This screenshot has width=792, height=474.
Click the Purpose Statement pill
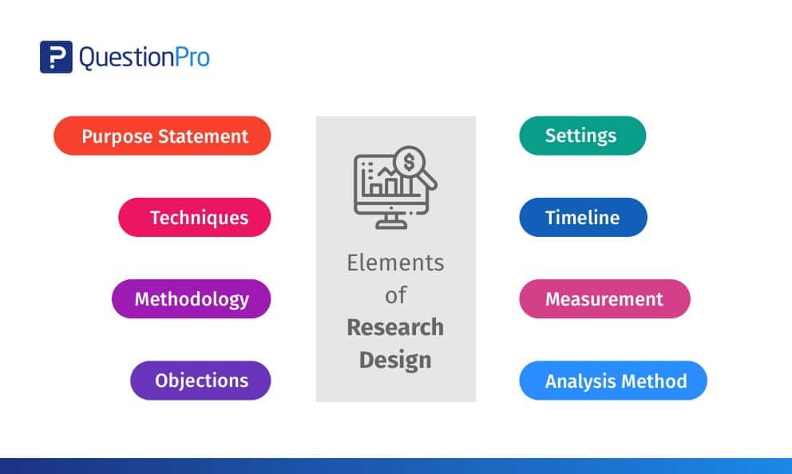[x=162, y=136]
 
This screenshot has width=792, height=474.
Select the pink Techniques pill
[x=195, y=217]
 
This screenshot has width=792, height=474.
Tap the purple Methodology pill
[x=192, y=298]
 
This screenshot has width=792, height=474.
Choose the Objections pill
[x=200, y=380]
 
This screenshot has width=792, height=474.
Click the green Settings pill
[x=582, y=136]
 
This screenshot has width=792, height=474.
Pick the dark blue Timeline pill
[x=583, y=217]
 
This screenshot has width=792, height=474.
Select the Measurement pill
[x=604, y=298]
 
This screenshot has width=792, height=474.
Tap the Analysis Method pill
[x=613, y=380]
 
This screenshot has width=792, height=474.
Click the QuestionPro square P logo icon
[x=56, y=57]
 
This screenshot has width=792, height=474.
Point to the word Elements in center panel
[x=395, y=263]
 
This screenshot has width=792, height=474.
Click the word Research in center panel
[x=395, y=327]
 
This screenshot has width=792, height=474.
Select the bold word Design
[x=395, y=361]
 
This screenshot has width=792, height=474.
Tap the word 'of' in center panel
[x=395, y=295]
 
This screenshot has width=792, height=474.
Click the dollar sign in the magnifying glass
[x=409, y=161]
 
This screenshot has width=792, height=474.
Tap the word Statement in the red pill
[x=203, y=136]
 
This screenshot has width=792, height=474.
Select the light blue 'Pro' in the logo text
[x=192, y=57]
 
